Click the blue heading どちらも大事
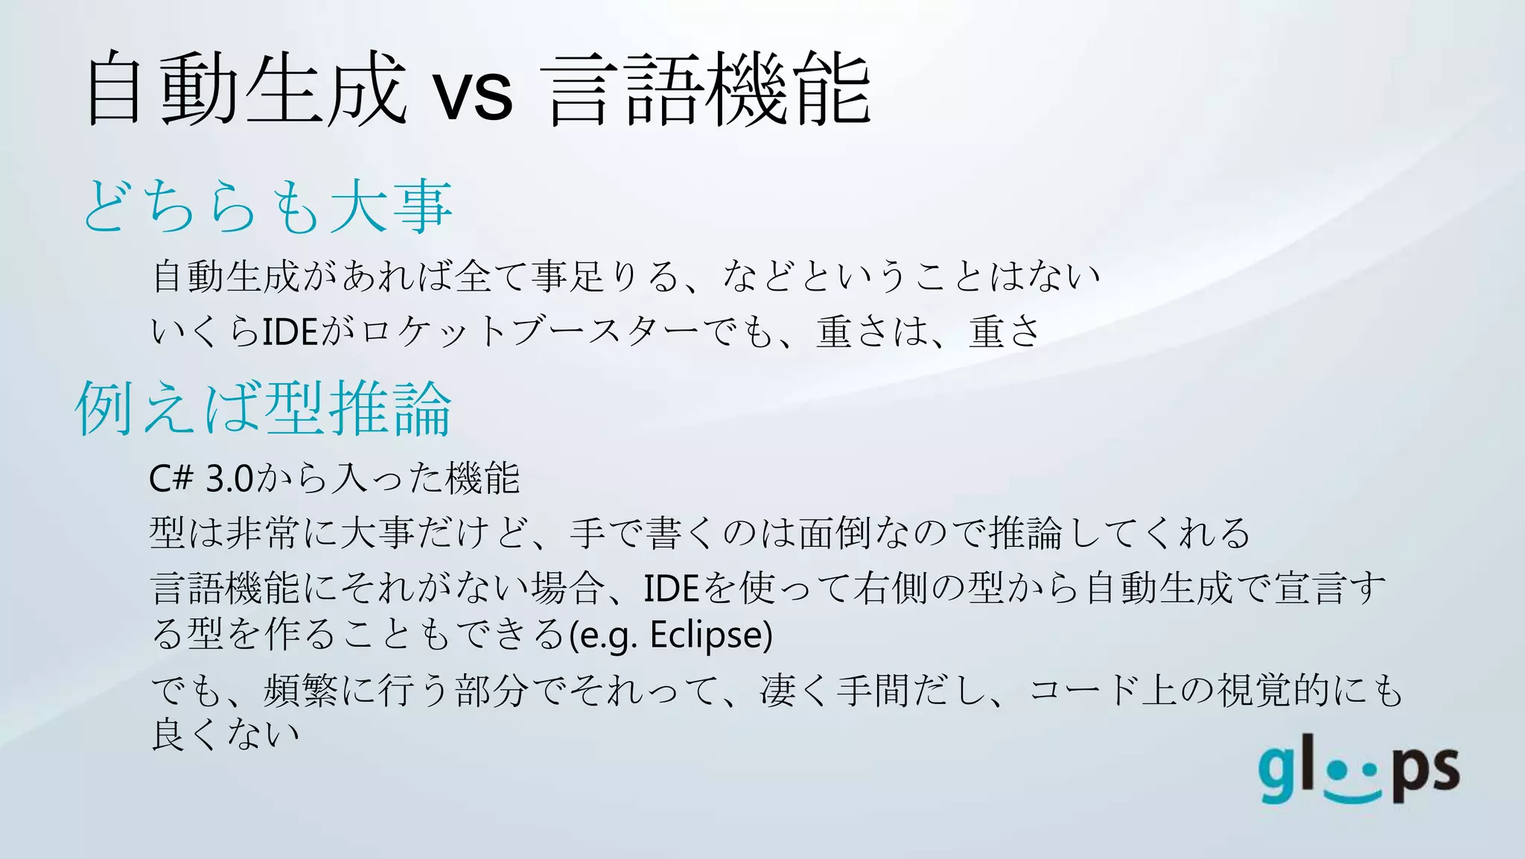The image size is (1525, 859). tap(267, 206)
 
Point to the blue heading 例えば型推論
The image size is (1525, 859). tap(264, 408)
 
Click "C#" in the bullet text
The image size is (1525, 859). tap(171, 478)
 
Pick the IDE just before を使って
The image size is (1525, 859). tap(671, 589)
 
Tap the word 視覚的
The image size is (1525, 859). tap(1274, 690)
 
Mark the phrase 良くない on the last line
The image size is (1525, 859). tap(226, 734)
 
